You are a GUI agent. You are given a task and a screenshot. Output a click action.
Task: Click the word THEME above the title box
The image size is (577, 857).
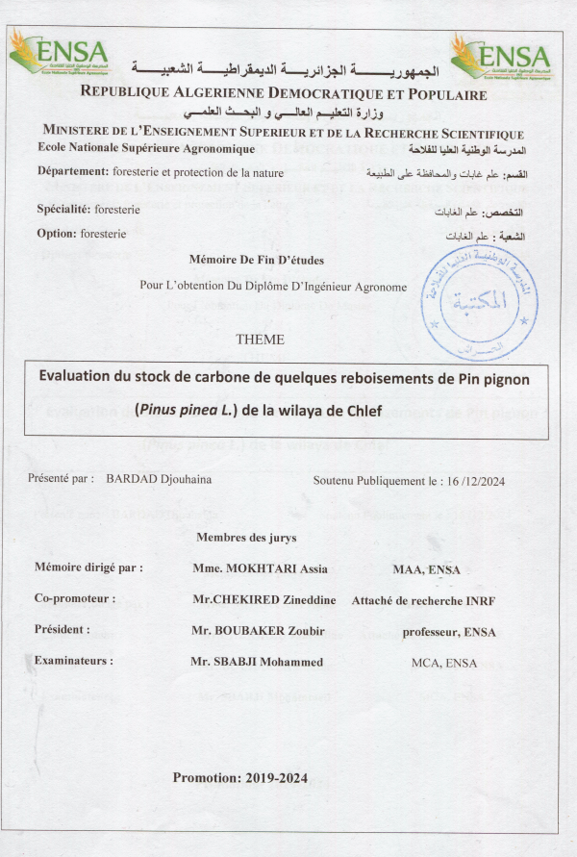click(260, 340)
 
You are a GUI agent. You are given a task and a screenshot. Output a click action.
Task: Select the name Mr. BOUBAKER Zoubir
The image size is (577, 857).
click(250, 630)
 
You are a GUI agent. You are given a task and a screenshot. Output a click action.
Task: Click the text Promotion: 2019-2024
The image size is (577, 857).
click(239, 778)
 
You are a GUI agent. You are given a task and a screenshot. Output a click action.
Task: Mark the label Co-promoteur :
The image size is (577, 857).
click(74, 598)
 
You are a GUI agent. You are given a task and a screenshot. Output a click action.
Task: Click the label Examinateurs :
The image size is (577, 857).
click(73, 661)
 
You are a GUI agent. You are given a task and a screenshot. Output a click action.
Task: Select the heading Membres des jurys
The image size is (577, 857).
click(246, 537)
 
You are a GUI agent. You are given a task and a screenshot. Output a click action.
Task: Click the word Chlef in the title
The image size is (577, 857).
click(363, 412)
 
